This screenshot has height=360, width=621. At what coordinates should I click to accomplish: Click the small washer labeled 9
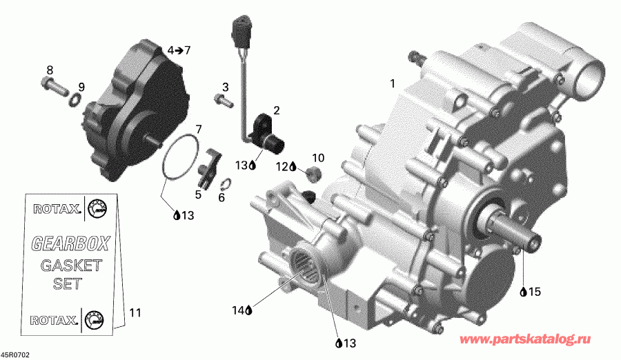[x=74, y=102]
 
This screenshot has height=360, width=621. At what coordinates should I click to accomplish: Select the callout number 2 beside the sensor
[x=276, y=110]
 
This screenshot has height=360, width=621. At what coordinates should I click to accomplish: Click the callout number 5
[x=198, y=194]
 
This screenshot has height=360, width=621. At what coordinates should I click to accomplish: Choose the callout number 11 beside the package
[x=135, y=312]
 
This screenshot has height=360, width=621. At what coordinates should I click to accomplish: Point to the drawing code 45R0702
[x=15, y=354]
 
